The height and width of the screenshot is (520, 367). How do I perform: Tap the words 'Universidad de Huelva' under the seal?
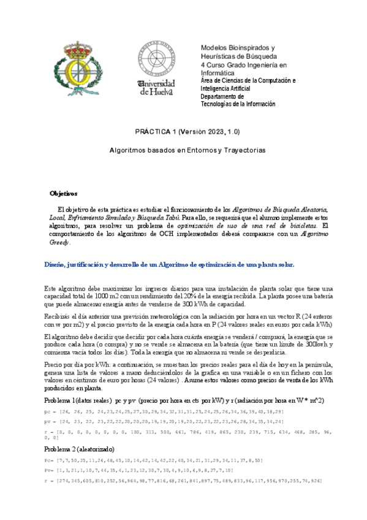[157, 87]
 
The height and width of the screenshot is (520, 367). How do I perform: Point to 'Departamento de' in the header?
[222, 96]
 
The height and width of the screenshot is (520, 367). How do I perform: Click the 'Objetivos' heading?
[64, 193]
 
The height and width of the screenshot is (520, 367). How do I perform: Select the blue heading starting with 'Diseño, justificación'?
[170, 264]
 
